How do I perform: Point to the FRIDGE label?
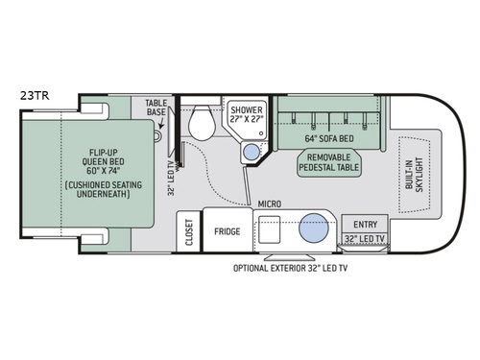[227, 231]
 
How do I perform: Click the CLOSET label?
[187, 231]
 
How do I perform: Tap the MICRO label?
[270, 204]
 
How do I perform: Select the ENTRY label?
[366, 224]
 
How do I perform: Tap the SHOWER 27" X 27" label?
[245, 114]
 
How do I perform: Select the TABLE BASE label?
[156, 108]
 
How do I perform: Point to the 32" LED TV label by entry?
[366, 237]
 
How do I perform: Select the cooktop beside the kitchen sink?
[270, 230]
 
